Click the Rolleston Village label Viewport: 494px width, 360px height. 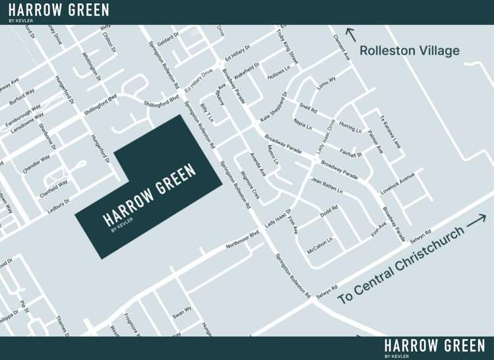coord(409,51)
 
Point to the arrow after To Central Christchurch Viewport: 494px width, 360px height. coord(476,222)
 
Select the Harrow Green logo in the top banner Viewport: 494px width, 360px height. coord(59,11)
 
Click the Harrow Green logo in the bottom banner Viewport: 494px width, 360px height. coord(434,347)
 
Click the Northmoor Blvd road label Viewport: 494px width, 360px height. coord(242,239)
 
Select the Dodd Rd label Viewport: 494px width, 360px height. coord(329,212)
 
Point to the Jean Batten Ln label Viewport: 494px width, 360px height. coord(327,186)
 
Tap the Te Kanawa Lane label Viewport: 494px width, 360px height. coord(390,131)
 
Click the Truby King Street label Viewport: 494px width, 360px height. coord(288,46)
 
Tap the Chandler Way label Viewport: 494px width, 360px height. coord(36,164)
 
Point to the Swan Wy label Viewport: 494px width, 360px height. coord(182,311)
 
